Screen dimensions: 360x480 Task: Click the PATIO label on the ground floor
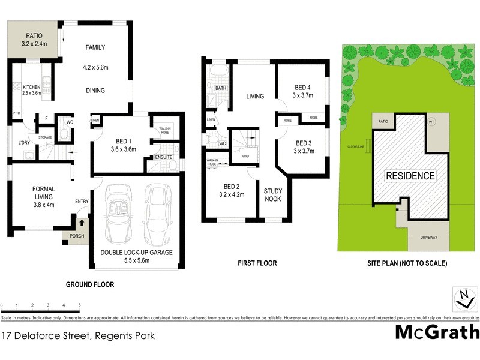tap(34, 35)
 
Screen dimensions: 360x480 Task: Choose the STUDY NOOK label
tap(273, 195)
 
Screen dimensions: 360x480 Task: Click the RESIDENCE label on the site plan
tap(410, 176)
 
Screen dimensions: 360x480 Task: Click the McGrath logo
tap(437, 331)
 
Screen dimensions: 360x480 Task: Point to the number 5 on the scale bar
tap(79, 306)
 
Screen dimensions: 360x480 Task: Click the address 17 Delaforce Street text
tap(78, 336)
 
